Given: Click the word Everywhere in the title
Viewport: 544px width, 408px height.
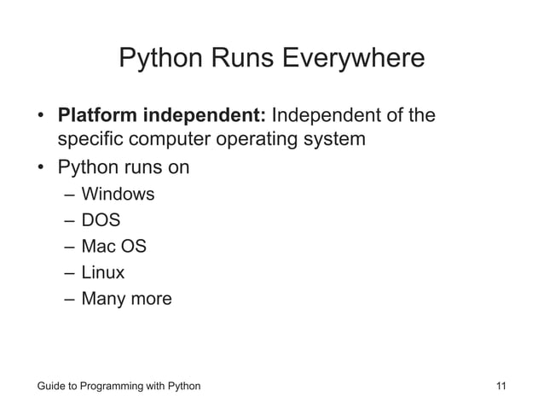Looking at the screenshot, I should coord(353,59).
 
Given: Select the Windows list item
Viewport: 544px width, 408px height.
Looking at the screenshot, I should coord(118,195).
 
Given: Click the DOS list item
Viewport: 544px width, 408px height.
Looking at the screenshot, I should coord(101,221).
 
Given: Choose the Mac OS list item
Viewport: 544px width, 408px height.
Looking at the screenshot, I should coord(113,248).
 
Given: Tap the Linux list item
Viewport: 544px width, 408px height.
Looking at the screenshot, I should coord(103,273).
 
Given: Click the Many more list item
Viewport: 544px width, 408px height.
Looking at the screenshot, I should coord(126,300).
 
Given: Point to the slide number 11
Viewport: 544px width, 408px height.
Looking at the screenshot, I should coord(501,387).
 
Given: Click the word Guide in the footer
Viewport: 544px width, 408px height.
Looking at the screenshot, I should coord(51,387).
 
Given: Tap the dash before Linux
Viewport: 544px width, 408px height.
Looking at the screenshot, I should coord(68,274).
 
